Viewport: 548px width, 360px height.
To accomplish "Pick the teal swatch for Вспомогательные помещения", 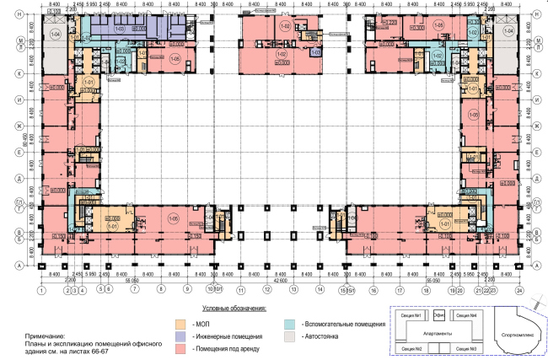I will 289,323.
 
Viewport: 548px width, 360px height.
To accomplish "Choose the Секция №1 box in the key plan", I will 409,315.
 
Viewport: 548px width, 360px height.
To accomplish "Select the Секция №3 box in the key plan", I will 467,348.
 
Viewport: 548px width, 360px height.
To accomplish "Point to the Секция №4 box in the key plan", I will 467,315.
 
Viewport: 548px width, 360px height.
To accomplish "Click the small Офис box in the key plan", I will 438,315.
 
